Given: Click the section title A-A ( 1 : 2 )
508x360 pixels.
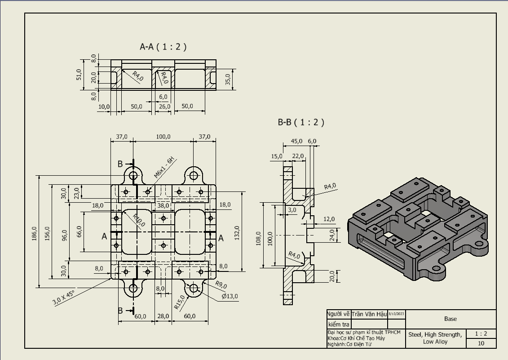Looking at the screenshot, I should [163, 46].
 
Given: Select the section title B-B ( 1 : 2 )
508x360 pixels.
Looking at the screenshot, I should [300, 122].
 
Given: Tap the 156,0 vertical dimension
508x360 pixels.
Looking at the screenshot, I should [48, 233].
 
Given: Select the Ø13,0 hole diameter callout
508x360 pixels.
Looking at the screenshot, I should [230, 296].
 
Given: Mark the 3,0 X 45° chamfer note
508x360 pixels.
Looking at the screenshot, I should [64, 298].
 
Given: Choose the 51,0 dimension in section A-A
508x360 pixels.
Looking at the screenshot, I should [79, 74].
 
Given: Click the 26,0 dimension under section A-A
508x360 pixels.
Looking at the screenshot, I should [165, 106].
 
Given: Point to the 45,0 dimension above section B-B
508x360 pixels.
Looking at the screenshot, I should [296, 141].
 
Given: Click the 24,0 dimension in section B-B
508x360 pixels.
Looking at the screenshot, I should [332, 235].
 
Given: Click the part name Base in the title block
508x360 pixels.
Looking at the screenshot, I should [451, 319].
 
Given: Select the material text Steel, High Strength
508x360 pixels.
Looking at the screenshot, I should [435, 334].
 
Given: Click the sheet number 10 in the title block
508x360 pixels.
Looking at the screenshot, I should [481, 343].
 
